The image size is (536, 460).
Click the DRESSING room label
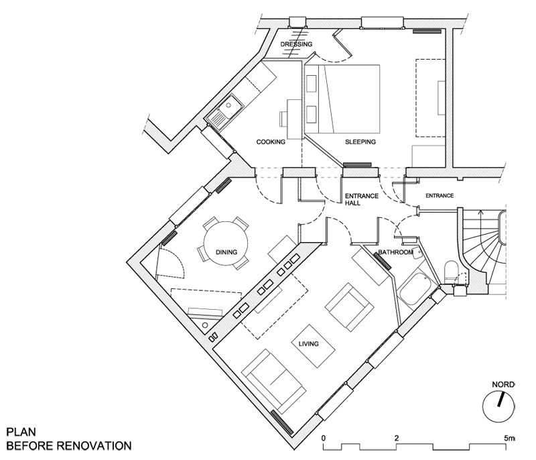(296, 44)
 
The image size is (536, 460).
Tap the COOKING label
(271, 142)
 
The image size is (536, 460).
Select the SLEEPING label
(360, 142)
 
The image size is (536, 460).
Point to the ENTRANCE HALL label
(361, 200)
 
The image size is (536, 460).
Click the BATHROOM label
(395, 253)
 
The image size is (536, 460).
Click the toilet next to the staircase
(452, 272)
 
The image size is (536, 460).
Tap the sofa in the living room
(271, 381)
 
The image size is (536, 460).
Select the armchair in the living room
(349, 306)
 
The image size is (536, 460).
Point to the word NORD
(503, 384)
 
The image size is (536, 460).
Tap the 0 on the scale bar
(324, 438)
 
